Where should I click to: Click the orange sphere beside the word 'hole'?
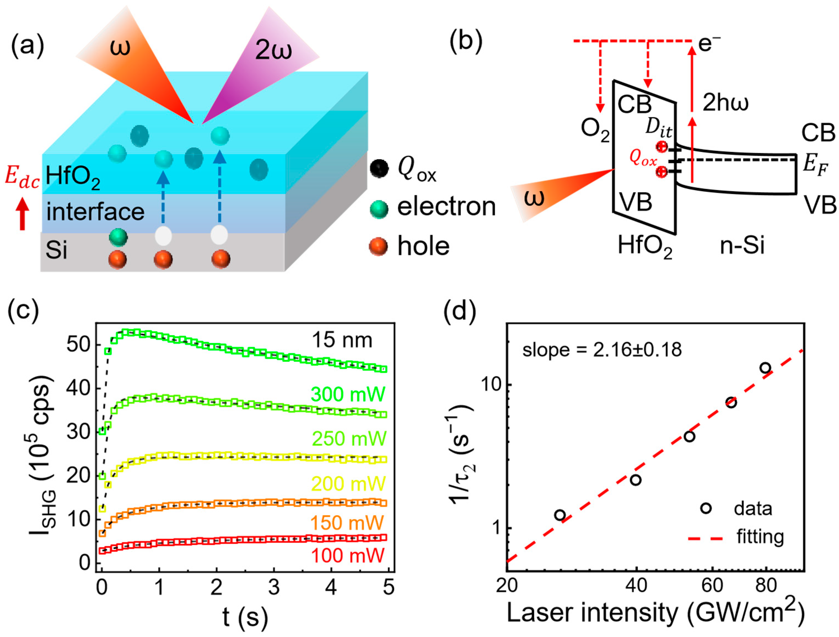(x=378, y=246)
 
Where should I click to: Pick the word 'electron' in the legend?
(x=446, y=207)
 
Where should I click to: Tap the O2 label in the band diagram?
(x=595, y=130)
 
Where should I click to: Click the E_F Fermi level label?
(x=816, y=167)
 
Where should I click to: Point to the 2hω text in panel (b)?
(x=725, y=103)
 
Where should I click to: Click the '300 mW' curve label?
(x=348, y=394)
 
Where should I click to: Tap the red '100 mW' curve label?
(x=348, y=555)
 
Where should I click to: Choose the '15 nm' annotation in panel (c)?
(x=342, y=340)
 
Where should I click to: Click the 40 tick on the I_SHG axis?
(x=78, y=388)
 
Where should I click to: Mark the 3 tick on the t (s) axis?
(x=274, y=587)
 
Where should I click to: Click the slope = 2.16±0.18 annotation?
(x=602, y=350)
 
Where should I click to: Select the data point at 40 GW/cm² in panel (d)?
(x=636, y=480)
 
